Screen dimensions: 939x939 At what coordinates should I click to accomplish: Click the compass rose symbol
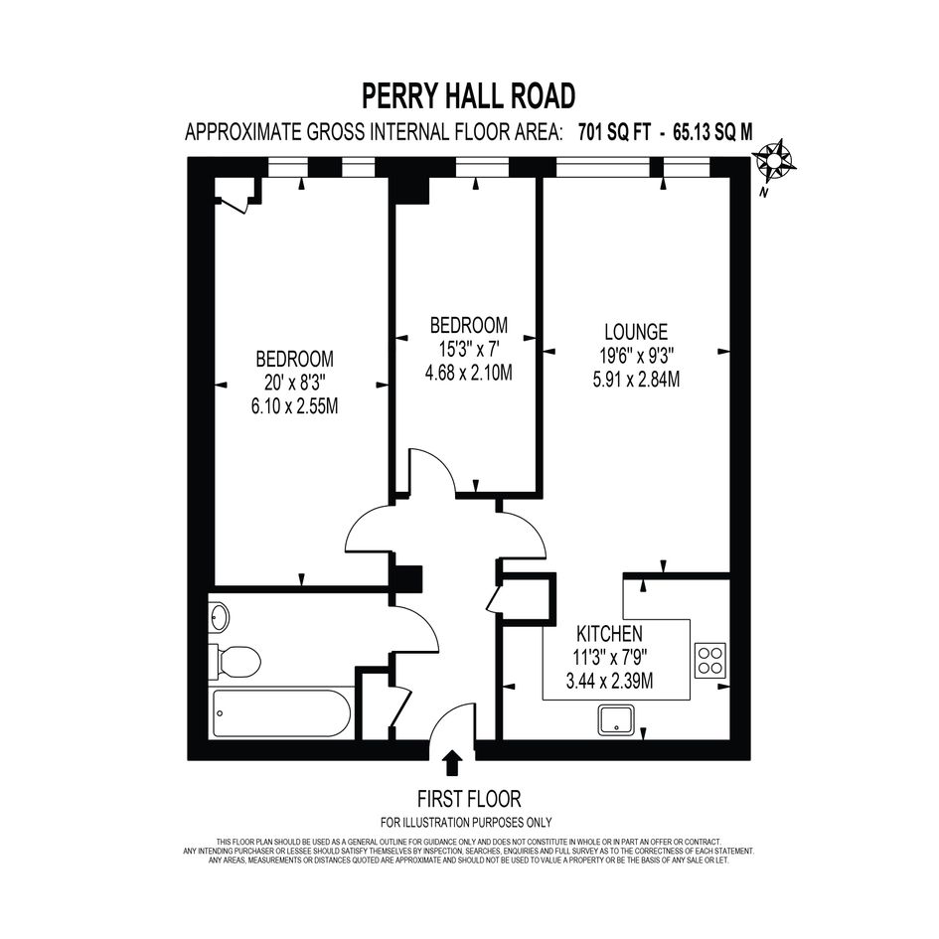coord(773,160)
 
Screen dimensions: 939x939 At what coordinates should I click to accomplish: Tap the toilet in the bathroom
coord(235,662)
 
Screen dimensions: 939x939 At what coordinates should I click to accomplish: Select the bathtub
coord(281,713)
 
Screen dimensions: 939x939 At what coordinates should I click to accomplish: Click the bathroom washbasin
coord(219,617)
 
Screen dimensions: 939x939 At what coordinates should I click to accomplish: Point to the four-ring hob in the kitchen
coord(710,660)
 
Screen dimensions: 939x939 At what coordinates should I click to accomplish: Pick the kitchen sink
coord(616,719)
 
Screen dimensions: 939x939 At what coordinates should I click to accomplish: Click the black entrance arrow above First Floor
coord(452,763)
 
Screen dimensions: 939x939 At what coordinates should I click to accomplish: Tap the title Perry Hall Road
coord(469,95)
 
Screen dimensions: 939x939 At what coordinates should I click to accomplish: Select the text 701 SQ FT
coord(614,132)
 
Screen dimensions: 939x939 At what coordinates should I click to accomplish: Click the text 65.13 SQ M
coord(712,132)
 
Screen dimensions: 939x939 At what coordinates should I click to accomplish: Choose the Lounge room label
coord(636,332)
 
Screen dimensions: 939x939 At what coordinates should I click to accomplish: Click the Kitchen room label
coord(609,634)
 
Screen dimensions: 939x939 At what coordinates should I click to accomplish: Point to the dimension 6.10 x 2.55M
coord(295,406)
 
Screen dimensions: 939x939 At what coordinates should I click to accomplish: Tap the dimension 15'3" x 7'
coord(469,349)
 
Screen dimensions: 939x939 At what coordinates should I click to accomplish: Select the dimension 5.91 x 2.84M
coord(636,380)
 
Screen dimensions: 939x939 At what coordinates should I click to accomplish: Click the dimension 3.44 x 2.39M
coord(609,681)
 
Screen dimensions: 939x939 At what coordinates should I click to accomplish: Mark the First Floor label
coord(469,799)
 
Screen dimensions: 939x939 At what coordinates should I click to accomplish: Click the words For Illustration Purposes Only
coord(466,823)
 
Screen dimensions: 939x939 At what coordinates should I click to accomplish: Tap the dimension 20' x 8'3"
coord(295,383)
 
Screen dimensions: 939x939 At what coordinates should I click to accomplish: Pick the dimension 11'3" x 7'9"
coord(609,658)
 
